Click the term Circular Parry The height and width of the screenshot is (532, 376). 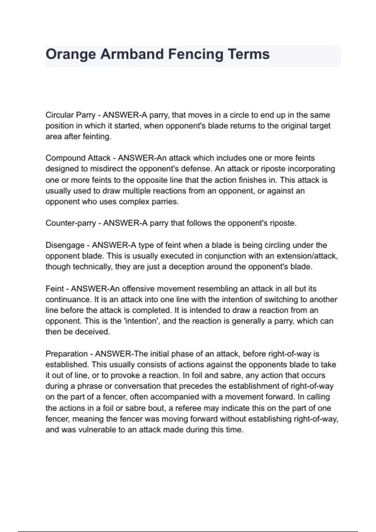[x=70, y=115]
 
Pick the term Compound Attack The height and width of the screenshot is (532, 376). [x=78, y=158]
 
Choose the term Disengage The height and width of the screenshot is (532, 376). [x=65, y=245]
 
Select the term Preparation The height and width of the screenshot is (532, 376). [x=66, y=354]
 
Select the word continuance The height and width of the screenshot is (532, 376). [x=68, y=299]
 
